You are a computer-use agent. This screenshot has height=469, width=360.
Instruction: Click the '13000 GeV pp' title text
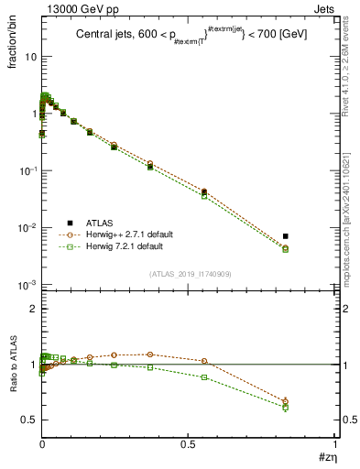pyautogui.click(x=75, y=8)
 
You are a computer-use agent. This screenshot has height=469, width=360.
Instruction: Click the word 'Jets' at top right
pyautogui.click(x=322, y=8)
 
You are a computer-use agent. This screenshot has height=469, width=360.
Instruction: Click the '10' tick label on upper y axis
pyautogui.click(x=28, y=57)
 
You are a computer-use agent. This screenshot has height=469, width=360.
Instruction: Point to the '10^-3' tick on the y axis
pyautogui.click(x=25, y=285)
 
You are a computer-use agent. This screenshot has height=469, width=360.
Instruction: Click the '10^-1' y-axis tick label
pyautogui.click(x=25, y=171)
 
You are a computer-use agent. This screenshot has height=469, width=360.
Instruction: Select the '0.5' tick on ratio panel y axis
pyautogui.click(x=27, y=420)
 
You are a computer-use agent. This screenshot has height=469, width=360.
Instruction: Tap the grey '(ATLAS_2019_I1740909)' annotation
pyautogui.click(x=188, y=275)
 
